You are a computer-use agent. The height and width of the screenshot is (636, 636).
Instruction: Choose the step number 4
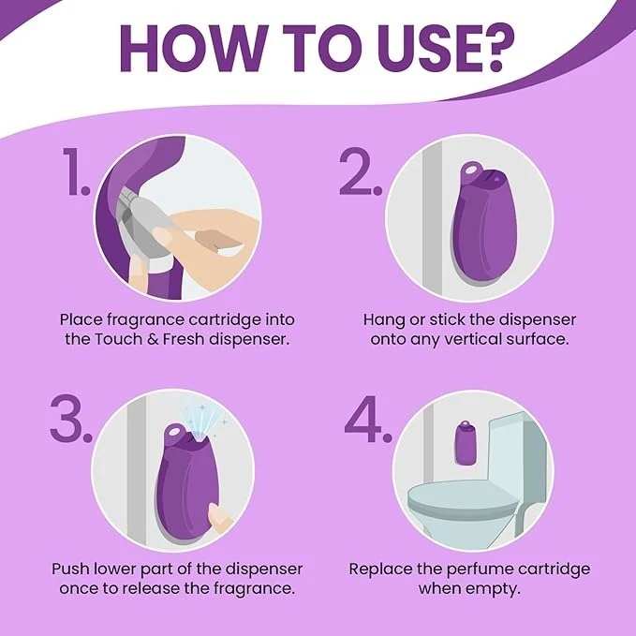pyautogui.click(x=367, y=419)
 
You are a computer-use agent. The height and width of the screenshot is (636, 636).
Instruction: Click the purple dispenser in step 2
pyautogui.click(x=482, y=223)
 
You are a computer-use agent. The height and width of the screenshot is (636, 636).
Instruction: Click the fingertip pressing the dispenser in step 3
pyautogui.click(x=219, y=517)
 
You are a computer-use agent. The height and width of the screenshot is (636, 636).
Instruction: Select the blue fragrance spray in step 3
pyautogui.click(x=203, y=422)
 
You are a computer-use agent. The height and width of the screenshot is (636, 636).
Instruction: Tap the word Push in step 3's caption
pyautogui.click(x=70, y=569)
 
